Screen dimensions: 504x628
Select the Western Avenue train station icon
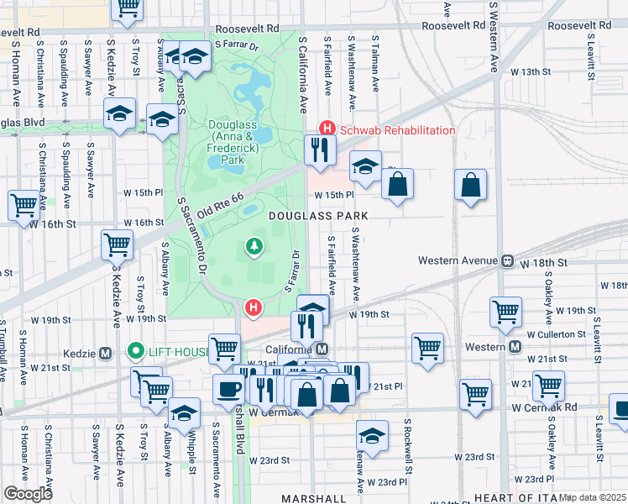coord(507,261)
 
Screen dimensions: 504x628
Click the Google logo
coord(28,493)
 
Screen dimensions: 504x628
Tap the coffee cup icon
coord(229,389)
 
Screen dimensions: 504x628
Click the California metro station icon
coord(322,349)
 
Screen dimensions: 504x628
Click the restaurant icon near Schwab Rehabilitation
coord(319,150)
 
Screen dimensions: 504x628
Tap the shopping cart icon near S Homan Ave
coord(24,205)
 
